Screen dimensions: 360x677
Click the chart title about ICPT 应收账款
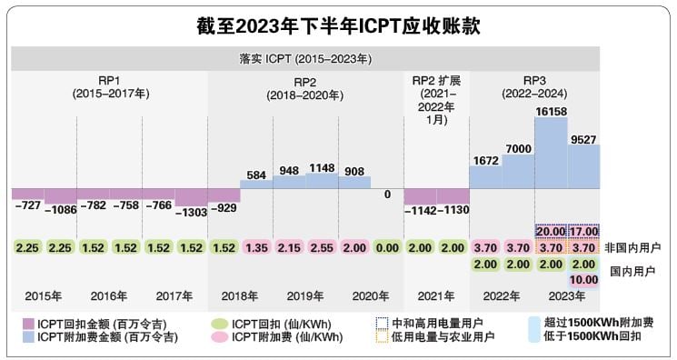tap(337, 26)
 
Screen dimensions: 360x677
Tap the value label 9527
tap(583, 137)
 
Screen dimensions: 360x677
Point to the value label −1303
tap(191, 213)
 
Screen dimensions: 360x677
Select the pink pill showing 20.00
tap(551, 232)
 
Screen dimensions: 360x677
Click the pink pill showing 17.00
tap(583, 232)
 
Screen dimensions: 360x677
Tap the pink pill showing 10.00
tap(583, 280)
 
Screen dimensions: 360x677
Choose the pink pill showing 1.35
tap(256, 247)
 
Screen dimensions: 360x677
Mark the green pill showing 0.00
tap(387, 247)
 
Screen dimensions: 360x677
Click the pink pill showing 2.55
tap(322, 247)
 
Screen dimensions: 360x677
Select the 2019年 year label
tap(305, 296)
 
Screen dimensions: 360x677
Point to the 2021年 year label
tap(436, 296)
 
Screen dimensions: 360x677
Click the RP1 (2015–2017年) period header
tap(109, 86)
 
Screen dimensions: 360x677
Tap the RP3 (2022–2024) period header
tap(534, 86)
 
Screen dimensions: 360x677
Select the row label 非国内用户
tap(632, 247)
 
